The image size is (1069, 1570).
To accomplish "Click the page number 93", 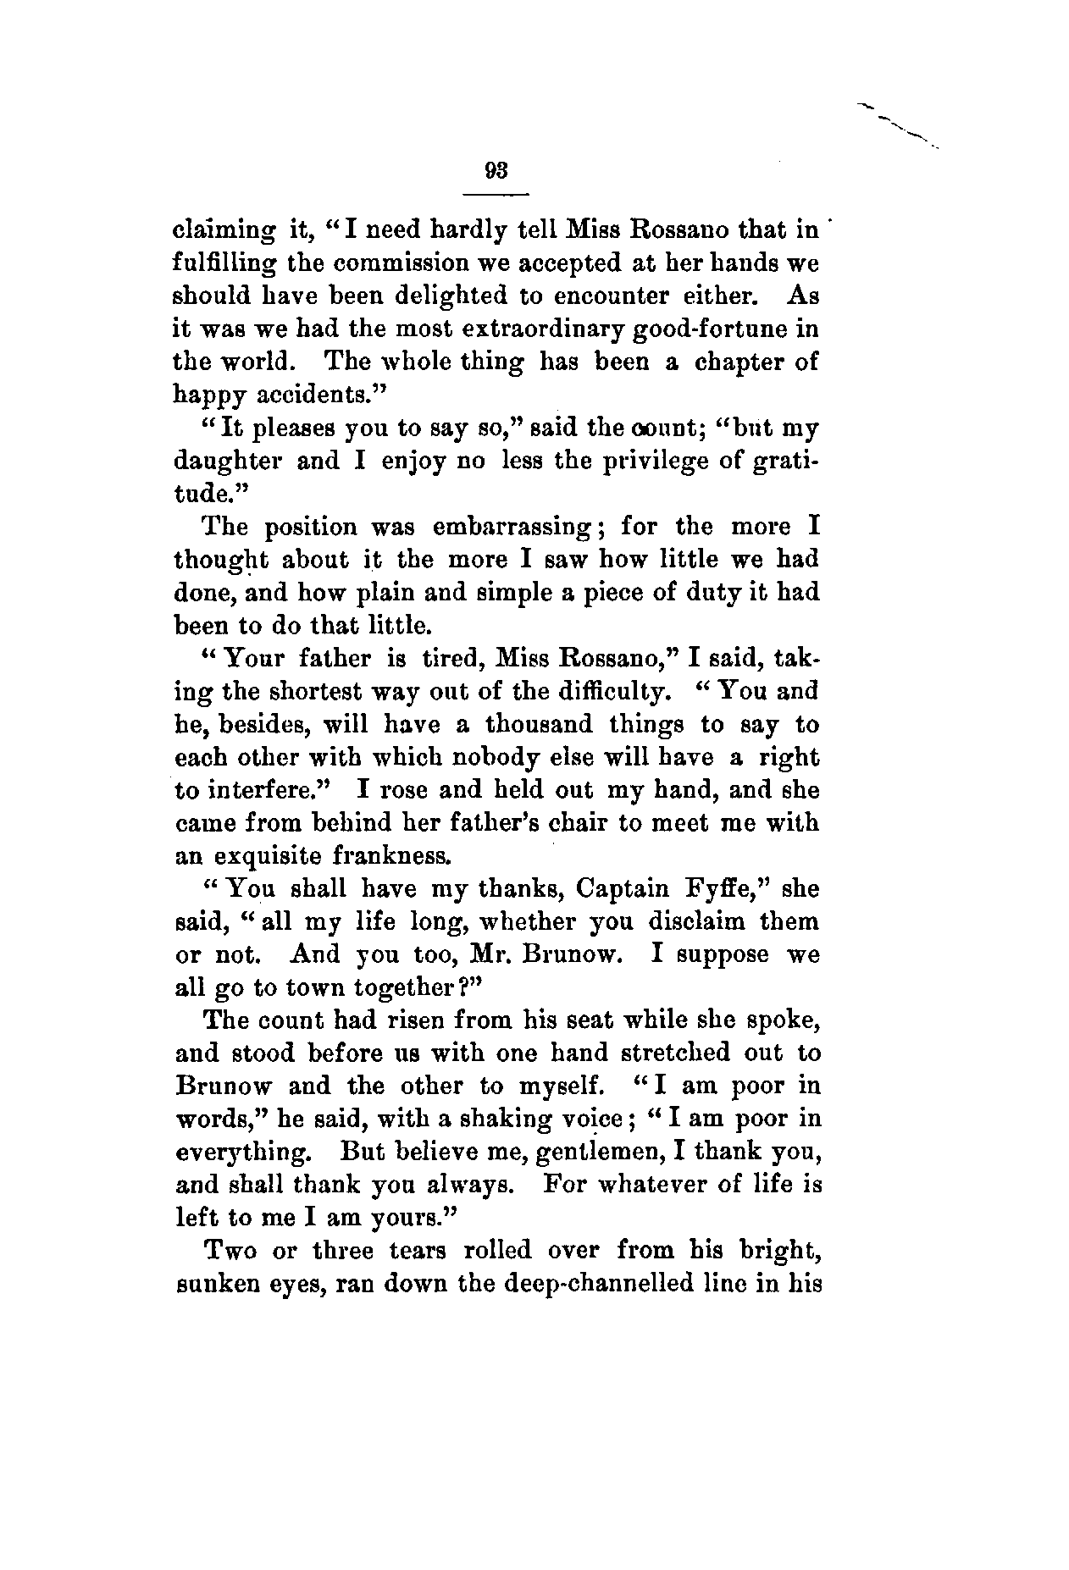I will tap(496, 169).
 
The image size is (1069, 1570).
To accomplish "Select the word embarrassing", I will tap(511, 527).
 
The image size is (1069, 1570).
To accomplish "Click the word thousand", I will tap(534, 725).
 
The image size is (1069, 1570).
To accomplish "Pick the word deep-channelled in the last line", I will tap(568, 1284).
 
